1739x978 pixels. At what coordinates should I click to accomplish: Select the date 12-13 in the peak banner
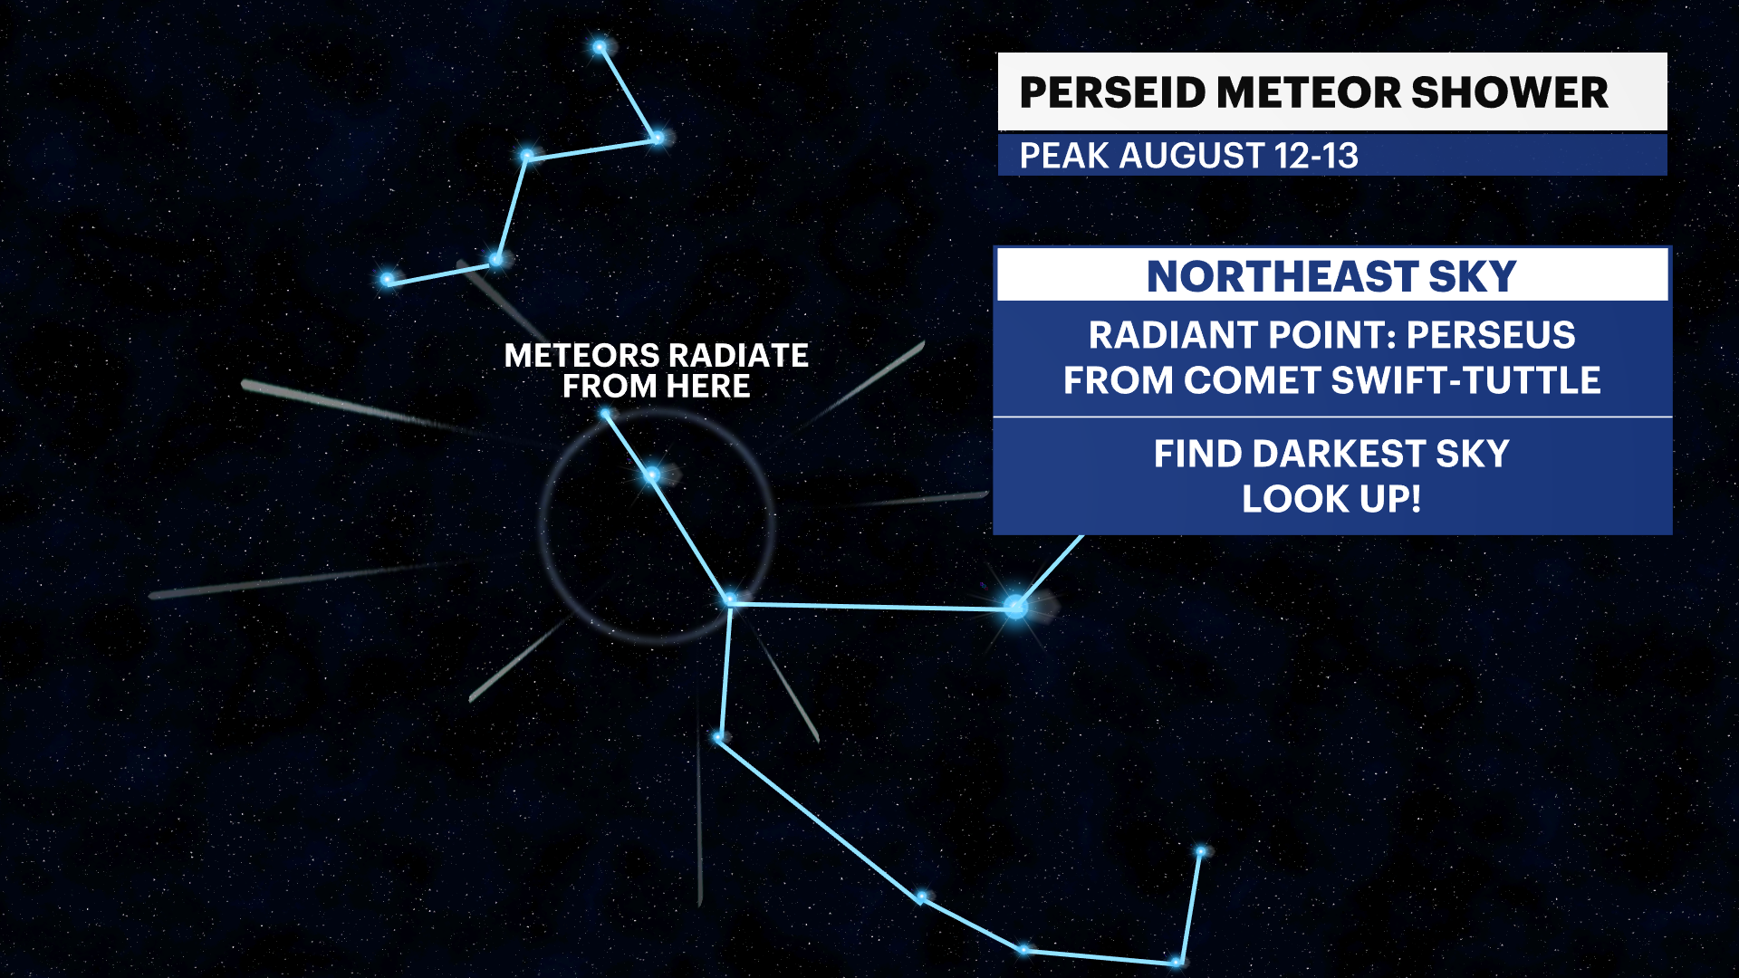(1316, 156)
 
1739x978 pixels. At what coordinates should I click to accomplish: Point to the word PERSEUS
(1491, 335)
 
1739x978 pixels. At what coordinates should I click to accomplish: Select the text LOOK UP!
(1331, 499)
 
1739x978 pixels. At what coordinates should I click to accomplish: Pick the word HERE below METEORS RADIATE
(708, 387)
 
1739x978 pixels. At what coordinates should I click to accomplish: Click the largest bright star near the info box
(1016, 607)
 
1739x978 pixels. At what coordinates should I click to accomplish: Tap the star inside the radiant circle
(651, 475)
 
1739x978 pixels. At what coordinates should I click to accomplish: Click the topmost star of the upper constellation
(600, 47)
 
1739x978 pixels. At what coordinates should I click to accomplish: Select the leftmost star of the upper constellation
(388, 280)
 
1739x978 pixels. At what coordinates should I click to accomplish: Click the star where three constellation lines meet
(730, 600)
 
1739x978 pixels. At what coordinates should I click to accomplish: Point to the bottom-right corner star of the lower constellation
(1177, 962)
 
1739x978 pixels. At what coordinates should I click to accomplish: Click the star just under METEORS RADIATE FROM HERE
(606, 415)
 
